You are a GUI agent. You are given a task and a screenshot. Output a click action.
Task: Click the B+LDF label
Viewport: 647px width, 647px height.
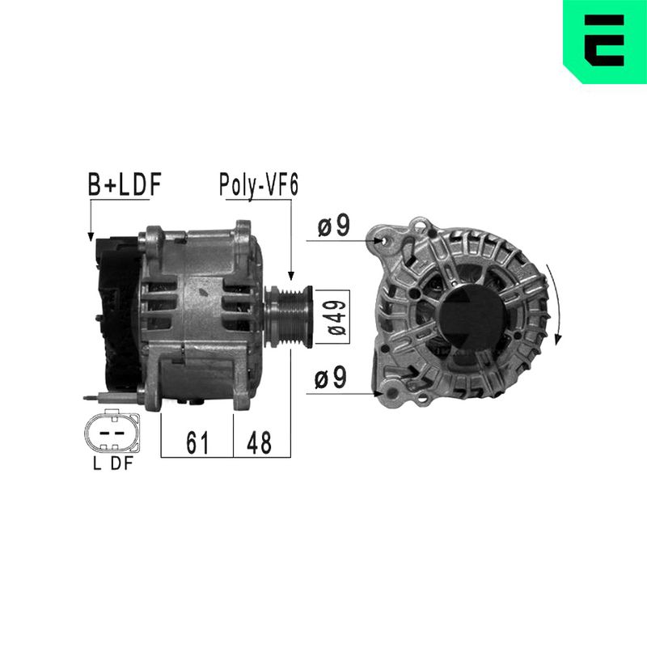(125, 184)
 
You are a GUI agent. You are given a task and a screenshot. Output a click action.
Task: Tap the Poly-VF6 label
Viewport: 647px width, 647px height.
(259, 185)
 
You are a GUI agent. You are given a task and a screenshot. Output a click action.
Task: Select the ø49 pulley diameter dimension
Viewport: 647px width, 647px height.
(336, 317)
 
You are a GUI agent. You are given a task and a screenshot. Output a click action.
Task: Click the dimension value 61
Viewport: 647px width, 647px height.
(197, 442)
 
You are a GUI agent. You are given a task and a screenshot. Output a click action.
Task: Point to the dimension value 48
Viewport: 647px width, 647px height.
(259, 442)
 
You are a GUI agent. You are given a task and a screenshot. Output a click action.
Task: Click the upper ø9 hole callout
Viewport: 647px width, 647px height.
(333, 226)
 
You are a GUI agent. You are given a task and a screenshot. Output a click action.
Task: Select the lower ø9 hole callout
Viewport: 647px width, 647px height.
(330, 377)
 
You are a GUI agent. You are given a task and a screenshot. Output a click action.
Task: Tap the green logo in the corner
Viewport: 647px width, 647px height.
(605, 41)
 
